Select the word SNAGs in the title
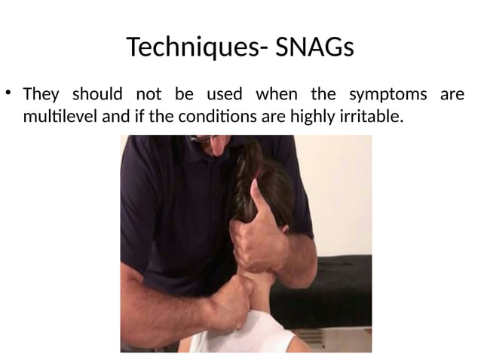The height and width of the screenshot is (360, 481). click(314, 47)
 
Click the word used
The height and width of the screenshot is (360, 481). click(224, 95)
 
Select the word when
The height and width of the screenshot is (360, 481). click(276, 95)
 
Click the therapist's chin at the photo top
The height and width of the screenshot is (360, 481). click(219, 143)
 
